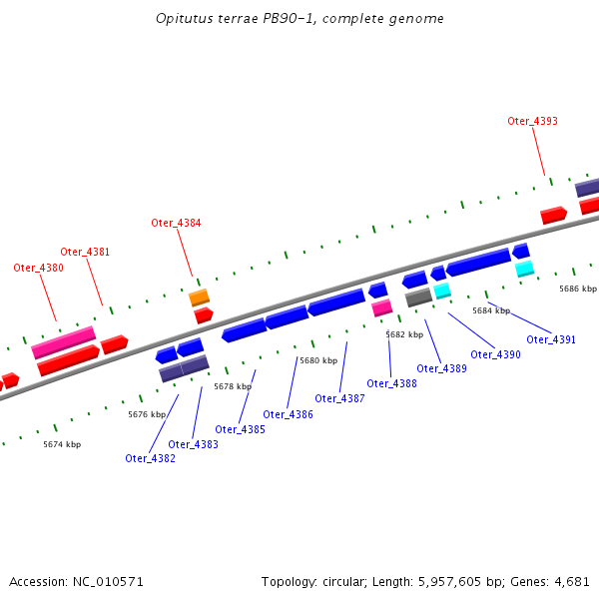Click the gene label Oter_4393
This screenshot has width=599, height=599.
click(532, 121)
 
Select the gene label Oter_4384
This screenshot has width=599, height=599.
click(176, 223)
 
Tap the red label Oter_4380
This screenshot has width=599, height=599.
click(38, 268)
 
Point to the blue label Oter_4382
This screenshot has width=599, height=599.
click(150, 458)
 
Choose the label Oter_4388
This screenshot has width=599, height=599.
click(391, 383)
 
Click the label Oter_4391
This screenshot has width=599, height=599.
click(551, 339)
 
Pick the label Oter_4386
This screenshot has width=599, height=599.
click(288, 414)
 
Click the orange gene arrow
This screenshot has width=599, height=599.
click(200, 298)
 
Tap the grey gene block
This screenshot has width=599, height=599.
click(418, 297)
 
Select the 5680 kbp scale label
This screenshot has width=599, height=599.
click(316, 360)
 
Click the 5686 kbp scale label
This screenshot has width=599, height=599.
click(577, 289)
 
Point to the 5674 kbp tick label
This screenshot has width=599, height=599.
click(62, 444)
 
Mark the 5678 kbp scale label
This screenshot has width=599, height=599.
click(231, 386)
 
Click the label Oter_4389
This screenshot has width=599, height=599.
click(441, 368)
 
